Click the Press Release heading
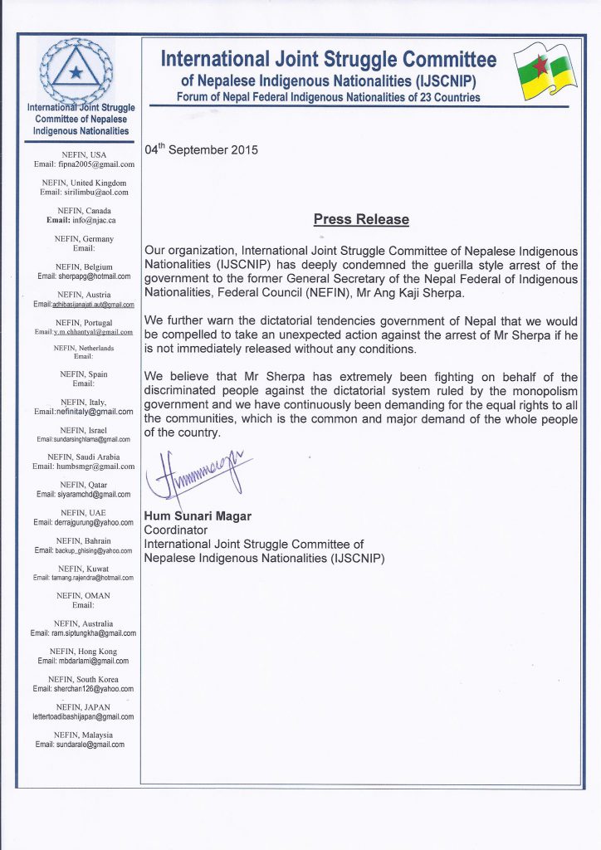tap(361, 219)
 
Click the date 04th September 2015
tap(201, 150)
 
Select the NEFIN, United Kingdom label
tap(84, 183)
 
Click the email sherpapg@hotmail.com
tap(83, 276)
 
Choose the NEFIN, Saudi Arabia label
tap(84, 457)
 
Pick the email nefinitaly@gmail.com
tap(83, 411)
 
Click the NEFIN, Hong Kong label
tap(83, 652)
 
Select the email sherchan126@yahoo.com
tap(83, 689)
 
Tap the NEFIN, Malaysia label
tap(83, 735)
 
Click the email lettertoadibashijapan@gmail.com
tap(83, 716)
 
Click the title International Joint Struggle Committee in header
tap(328, 60)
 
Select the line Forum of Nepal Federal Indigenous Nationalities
tap(328, 97)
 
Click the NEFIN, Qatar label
tap(83, 485)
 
